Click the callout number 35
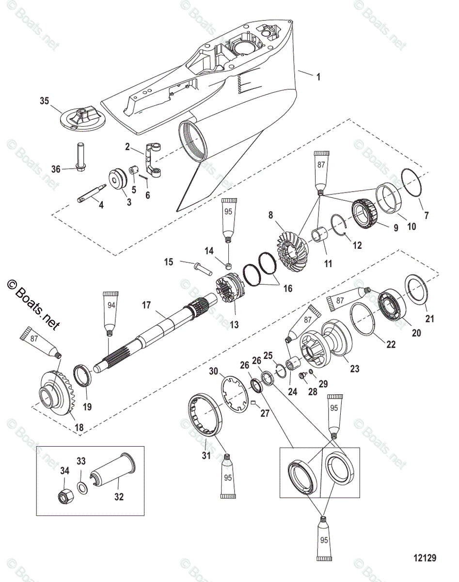44,101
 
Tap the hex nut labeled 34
64,495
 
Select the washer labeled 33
83,486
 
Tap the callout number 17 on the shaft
146,306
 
